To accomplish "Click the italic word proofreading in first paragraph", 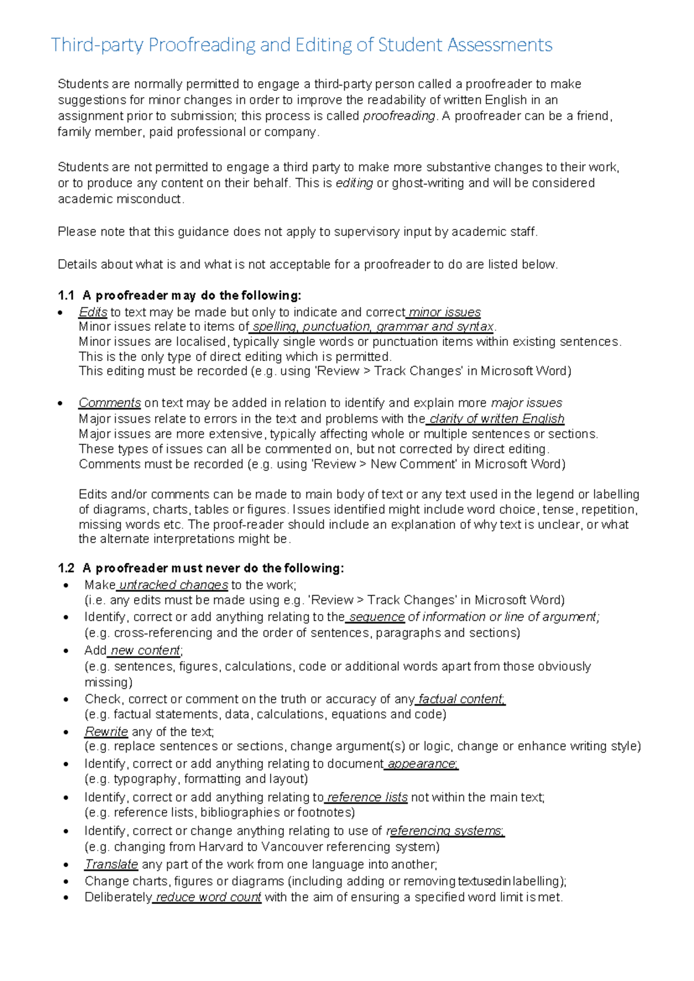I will pos(398,116).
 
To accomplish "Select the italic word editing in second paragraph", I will pos(354,183).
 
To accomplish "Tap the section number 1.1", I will pos(67,296).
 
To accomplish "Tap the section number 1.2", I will pos(67,568).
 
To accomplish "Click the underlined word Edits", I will pos(93,312).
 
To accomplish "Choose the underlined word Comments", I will pos(110,403).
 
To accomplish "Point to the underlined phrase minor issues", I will pos(444,312).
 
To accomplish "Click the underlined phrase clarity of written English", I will pos(496,418).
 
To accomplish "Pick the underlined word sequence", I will pos(376,617).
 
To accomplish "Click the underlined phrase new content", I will pos(145,650).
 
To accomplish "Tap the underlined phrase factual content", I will pos(461,699).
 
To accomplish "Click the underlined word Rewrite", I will pos(106,732).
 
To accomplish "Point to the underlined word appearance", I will pos(422,764).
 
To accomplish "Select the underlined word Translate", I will pos(111,864).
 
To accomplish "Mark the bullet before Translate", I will pos(67,865).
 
